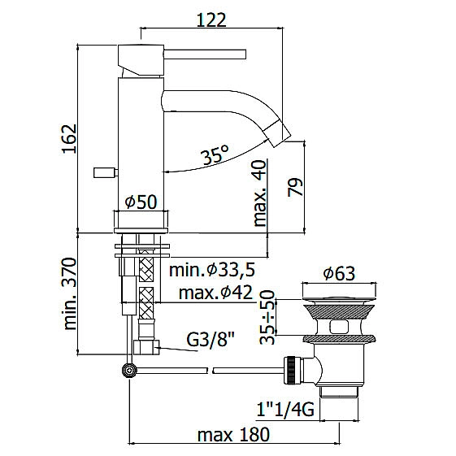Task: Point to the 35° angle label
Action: (x=215, y=157)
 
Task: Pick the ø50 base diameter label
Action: (x=141, y=202)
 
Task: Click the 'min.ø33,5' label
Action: (x=211, y=270)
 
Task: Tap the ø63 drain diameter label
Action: (x=338, y=273)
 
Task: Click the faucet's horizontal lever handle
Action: (x=207, y=54)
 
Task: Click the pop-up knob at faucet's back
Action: (x=104, y=172)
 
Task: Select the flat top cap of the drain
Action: (x=338, y=289)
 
